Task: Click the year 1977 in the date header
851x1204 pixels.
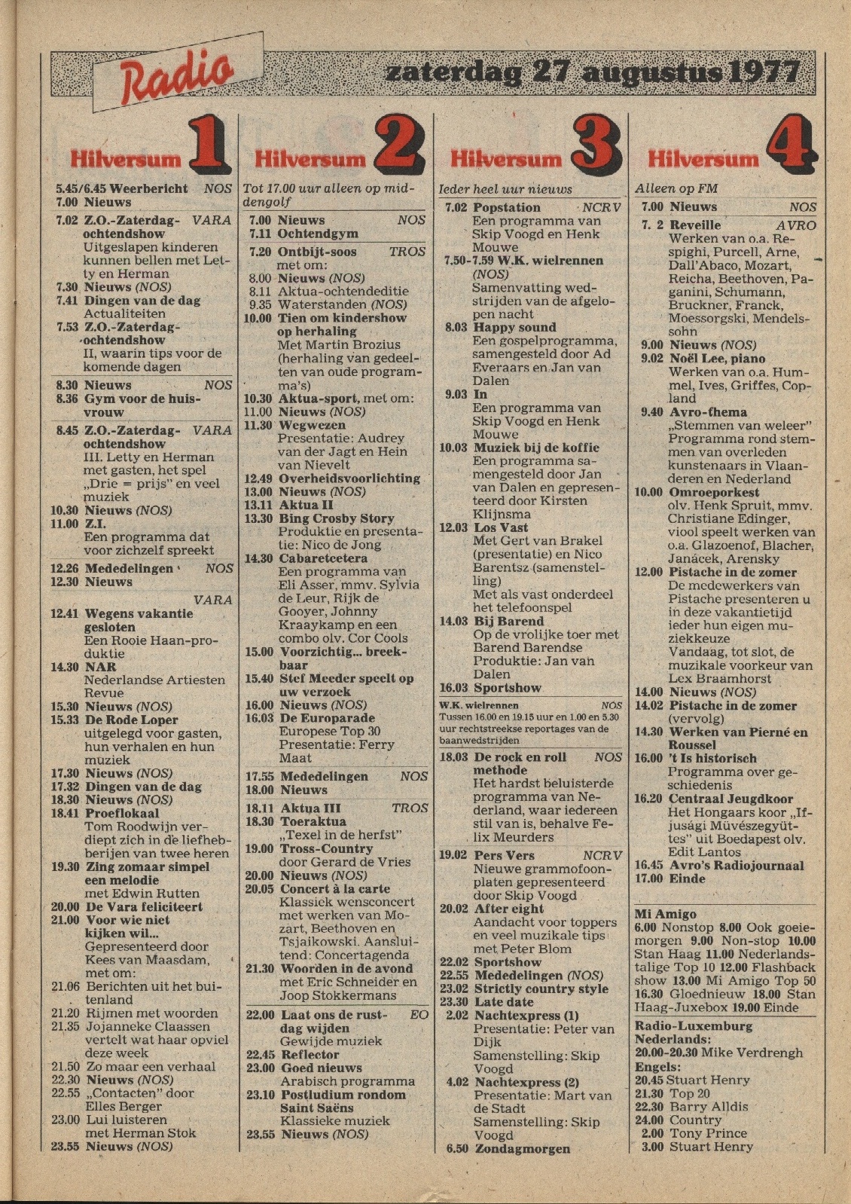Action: (761, 73)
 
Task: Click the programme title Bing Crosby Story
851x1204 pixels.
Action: (337, 518)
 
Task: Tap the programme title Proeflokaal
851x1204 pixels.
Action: (122, 814)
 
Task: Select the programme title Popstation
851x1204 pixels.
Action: (507, 207)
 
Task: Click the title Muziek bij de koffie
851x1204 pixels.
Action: (536, 448)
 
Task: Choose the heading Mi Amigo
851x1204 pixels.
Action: (665, 914)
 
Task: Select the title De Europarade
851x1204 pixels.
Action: (328, 718)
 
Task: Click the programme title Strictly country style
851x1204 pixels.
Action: (541, 989)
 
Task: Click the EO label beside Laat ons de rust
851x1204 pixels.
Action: (419, 1015)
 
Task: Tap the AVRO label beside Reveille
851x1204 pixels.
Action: (795, 225)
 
